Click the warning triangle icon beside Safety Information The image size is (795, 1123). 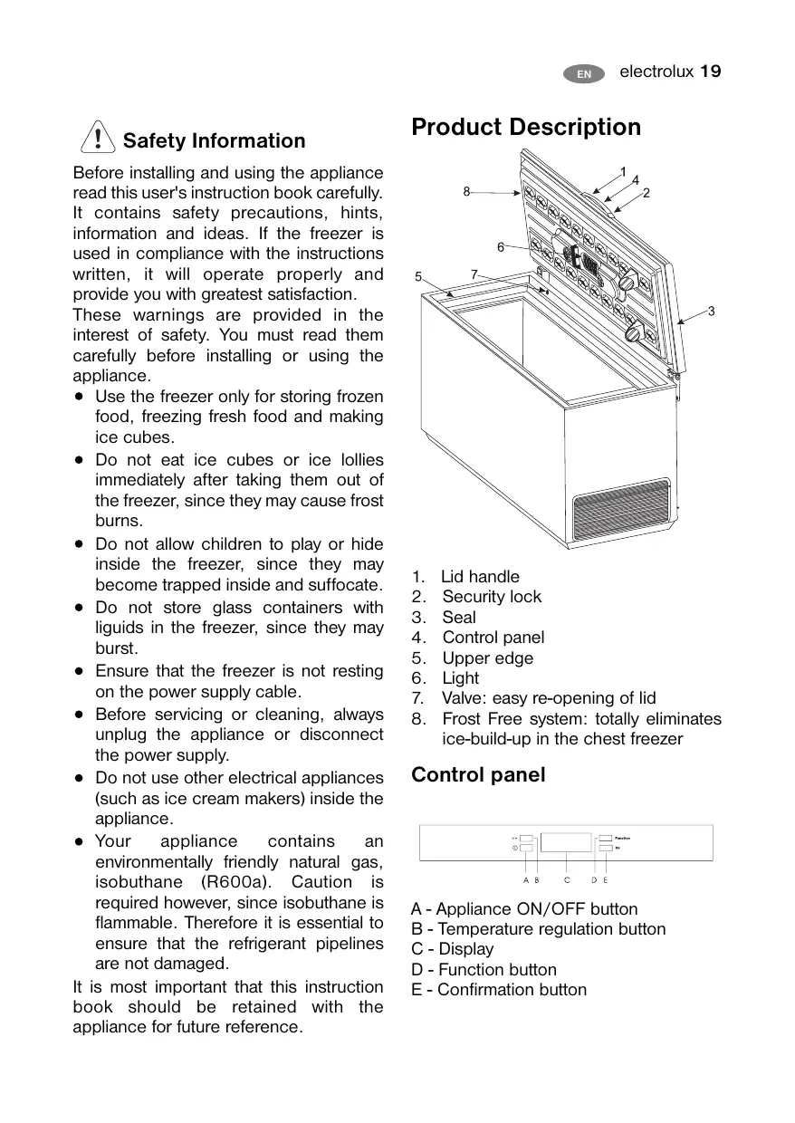(x=96, y=139)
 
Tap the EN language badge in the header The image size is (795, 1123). (x=584, y=73)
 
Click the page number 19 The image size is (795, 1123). (x=711, y=72)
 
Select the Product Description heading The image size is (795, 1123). (x=526, y=127)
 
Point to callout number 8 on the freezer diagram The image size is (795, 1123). (x=466, y=191)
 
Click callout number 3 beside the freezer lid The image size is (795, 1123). (x=712, y=312)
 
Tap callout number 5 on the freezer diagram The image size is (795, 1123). (x=418, y=277)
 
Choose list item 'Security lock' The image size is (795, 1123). (x=491, y=597)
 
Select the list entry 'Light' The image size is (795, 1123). (x=460, y=678)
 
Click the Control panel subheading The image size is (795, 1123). (x=478, y=775)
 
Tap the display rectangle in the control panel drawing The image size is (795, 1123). (x=566, y=842)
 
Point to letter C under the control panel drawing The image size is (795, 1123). (x=567, y=879)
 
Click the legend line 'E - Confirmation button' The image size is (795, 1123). (x=498, y=990)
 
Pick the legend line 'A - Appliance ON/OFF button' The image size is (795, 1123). (x=523, y=909)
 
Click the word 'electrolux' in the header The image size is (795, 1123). (x=656, y=72)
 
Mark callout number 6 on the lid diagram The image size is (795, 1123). (x=500, y=246)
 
